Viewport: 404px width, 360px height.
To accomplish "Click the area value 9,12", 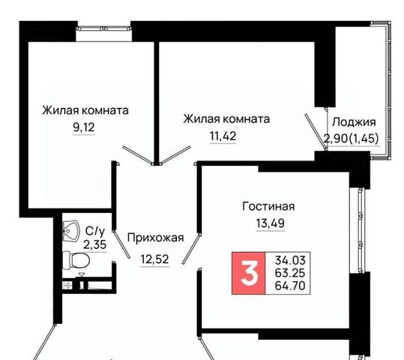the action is [84, 127].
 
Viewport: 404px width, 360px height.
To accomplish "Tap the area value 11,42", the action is [223, 136].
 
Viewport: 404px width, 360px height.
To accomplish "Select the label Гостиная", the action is [268, 206].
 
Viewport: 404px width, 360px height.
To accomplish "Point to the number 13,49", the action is [271, 223].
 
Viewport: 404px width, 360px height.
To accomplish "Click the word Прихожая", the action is [156, 238].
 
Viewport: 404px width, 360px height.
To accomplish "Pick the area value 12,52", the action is [155, 259].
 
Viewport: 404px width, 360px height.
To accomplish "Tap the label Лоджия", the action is [354, 122].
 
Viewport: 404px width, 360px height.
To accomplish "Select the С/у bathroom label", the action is [95, 231].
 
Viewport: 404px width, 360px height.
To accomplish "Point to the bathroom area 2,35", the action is [94, 244].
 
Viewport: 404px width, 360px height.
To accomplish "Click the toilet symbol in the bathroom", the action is [76, 260].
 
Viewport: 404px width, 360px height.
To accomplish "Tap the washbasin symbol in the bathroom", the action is [70, 231].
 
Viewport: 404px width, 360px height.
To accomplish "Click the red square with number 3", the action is [249, 273].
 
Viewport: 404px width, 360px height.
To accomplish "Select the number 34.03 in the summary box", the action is [290, 260].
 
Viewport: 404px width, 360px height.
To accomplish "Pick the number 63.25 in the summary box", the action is [290, 273].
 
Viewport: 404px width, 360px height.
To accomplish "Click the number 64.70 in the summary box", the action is [290, 286].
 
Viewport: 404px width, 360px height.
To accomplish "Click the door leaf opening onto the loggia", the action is [316, 131].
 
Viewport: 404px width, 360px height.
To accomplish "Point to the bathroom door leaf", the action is [121, 244].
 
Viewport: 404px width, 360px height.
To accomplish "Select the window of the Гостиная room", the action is [361, 230].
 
